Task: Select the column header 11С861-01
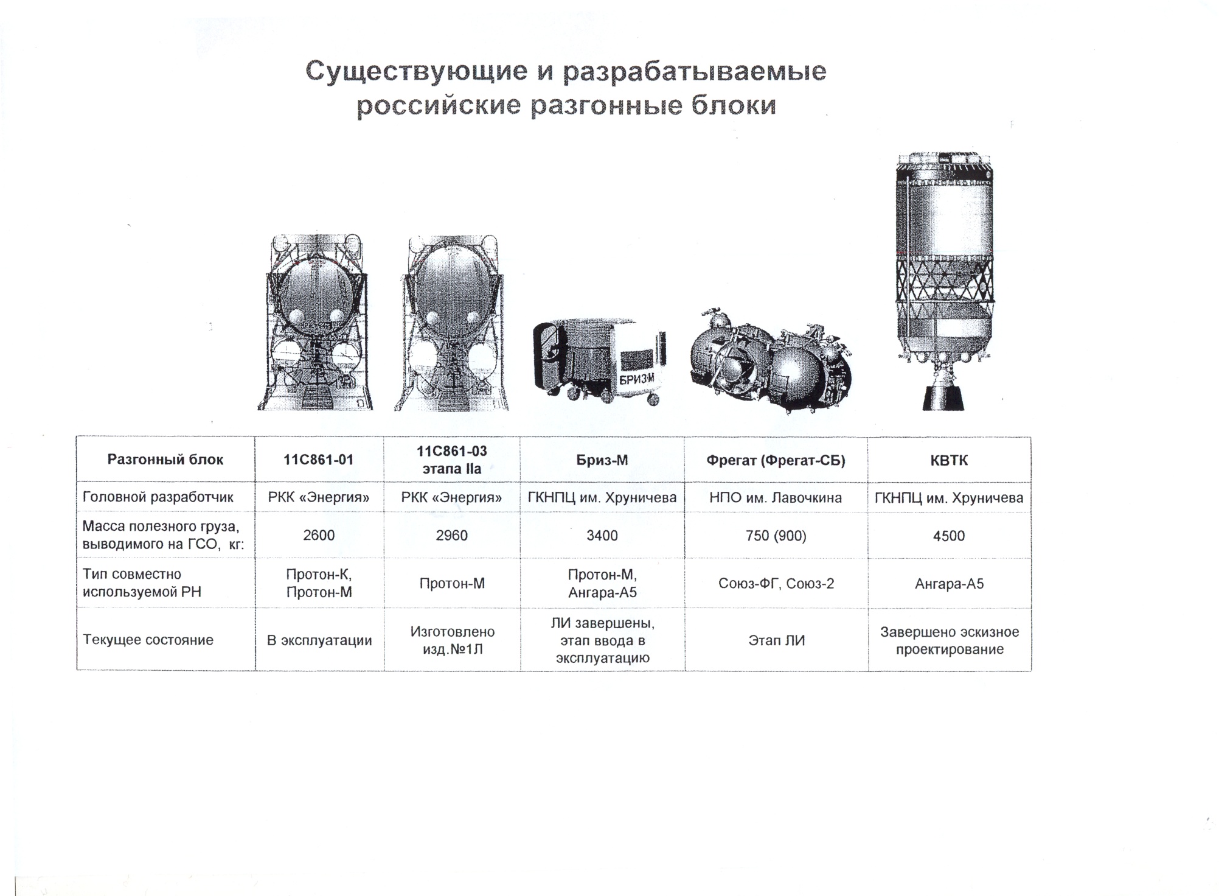click(x=319, y=460)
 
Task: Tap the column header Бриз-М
click(x=602, y=461)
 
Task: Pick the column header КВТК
click(x=949, y=461)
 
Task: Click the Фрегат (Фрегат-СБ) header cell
click(x=776, y=461)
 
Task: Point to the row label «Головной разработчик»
click(x=158, y=497)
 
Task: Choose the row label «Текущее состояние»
click(x=148, y=640)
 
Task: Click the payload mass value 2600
click(x=319, y=536)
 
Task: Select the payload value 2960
click(x=451, y=536)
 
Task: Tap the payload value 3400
click(x=602, y=536)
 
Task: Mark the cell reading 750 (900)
click(x=776, y=536)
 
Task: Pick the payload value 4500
click(x=949, y=536)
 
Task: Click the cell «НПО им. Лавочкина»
click(x=776, y=498)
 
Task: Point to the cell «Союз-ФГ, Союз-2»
click(x=776, y=584)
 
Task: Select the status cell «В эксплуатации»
click(x=319, y=640)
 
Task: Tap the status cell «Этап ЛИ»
click(x=777, y=640)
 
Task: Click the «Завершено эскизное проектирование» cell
click(x=950, y=641)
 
